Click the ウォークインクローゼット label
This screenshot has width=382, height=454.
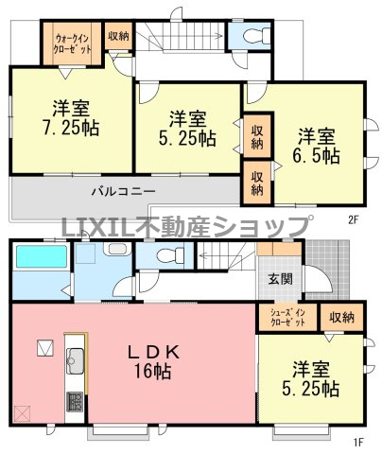pos(73,44)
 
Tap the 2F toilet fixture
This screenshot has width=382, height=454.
pos(257,35)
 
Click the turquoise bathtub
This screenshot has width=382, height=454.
pos(42,256)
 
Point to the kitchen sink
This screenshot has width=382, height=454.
pos(75,360)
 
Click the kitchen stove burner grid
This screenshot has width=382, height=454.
pos(75,401)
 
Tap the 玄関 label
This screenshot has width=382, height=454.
pos(280,279)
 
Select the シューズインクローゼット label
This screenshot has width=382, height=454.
pos(287,318)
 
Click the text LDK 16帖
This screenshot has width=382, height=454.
pos(153,361)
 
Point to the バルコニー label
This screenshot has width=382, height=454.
pos(123,191)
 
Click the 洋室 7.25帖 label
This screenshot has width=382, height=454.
pos(71,118)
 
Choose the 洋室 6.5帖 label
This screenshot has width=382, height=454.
pos(317,147)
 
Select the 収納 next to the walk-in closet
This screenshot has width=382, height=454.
pos(118,36)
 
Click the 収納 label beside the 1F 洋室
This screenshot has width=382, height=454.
pos(341,317)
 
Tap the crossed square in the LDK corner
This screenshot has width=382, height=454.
pos(22,412)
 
